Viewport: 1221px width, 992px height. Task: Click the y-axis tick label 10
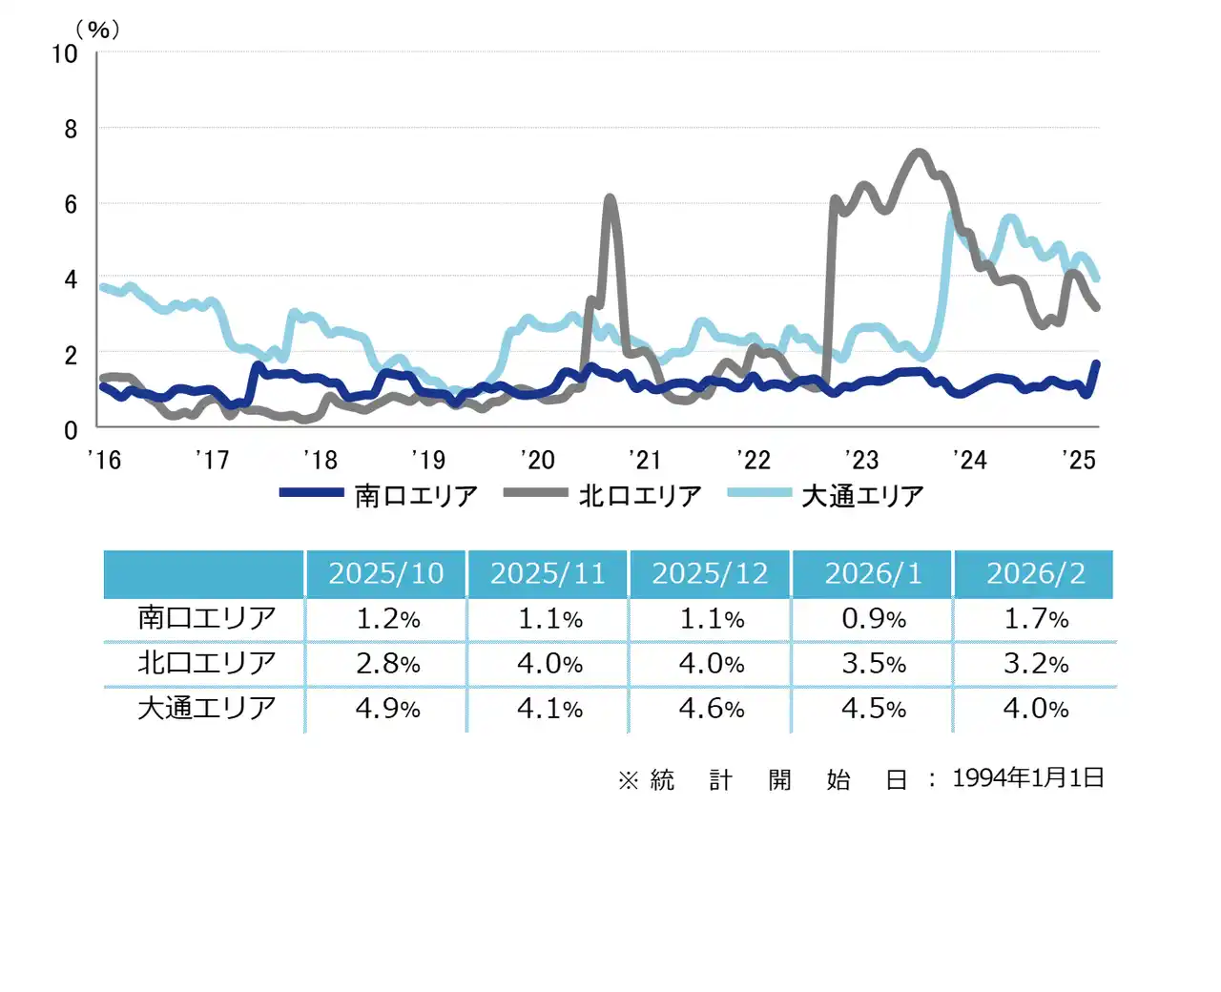pos(65,54)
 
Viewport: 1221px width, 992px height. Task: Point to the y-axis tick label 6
pos(71,204)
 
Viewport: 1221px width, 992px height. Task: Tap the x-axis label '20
pos(538,460)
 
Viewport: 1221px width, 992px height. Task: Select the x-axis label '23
pos(861,460)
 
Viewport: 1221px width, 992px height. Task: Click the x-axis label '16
pos(104,460)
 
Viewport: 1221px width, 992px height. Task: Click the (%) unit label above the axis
pos(98,30)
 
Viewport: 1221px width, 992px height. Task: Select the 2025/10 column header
pos(386,573)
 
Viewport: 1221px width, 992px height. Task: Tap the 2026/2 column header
pos(1035,573)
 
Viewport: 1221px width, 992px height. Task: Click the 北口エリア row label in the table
pos(206,663)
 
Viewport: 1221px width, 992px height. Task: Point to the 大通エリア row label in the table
pos(206,708)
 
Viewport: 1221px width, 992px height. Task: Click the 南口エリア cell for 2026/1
pos(873,619)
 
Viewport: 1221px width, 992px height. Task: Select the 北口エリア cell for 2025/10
pos(387,664)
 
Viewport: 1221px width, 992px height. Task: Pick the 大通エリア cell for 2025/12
pos(711,709)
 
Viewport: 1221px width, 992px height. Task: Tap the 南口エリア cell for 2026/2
pos(1035,619)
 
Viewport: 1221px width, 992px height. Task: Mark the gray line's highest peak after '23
pos(919,152)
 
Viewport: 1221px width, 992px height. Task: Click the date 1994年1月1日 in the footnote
pos(1027,778)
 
